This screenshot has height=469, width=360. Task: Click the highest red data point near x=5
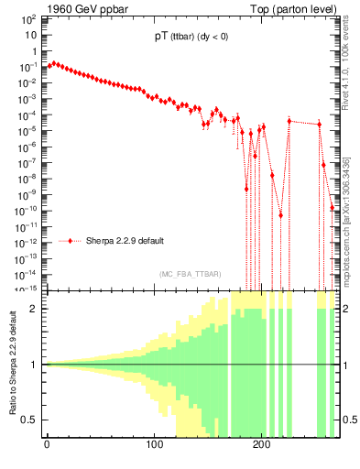[x=53, y=63]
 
